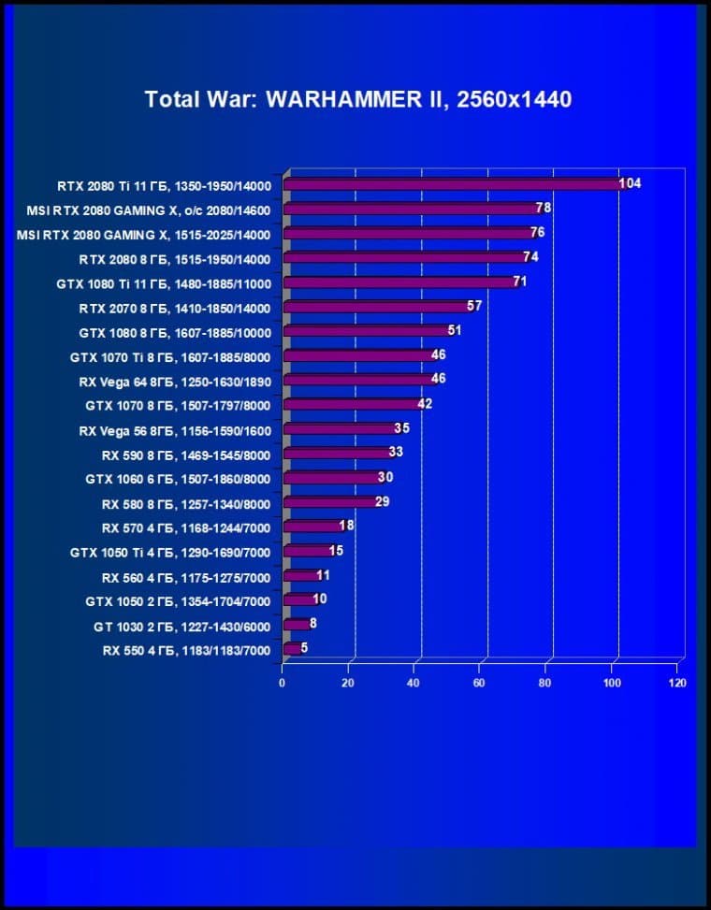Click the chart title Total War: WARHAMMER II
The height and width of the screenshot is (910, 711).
[x=357, y=99]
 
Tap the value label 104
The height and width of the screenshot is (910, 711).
[x=630, y=183]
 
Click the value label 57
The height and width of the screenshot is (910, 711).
[x=474, y=306]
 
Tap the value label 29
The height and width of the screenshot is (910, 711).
[x=382, y=501]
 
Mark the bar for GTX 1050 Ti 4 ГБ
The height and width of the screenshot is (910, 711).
[x=306, y=551]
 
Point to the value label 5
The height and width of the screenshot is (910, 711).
[x=304, y=647]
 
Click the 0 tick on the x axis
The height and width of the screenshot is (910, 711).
[x=282, y=683]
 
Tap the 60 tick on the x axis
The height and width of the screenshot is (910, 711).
[x=479, y=683]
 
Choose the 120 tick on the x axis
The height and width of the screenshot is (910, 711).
[x=677, y=683]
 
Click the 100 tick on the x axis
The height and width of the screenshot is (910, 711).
[x=612, y=683]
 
